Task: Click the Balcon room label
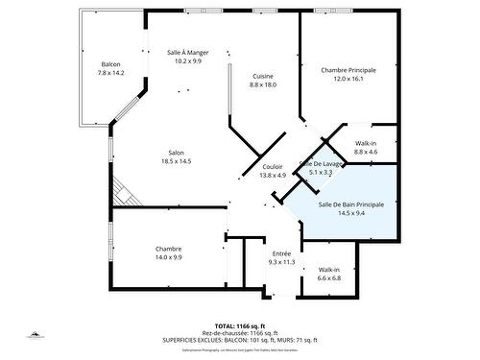(x=110, y=64)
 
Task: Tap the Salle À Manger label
(x=188, y=53)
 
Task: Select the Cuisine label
(x=263, y=76)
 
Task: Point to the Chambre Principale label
(x=348, y=70)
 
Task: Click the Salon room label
(x=177, y=153)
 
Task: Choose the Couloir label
(x=273, y=166)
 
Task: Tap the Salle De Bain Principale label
(x=350, y=204)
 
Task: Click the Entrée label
(x=281, y=252)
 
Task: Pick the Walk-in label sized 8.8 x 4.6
(x=366, y=143)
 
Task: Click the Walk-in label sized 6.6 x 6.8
(x=329, y=270)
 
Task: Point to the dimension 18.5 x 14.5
(x=177, y=161)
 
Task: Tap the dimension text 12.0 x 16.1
(x=348, y=80)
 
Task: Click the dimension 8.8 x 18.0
(x=263, y=85)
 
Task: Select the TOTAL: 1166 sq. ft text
(x=240, y=326)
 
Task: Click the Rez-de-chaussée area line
(x=240, y=333)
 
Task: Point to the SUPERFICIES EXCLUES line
(x=240, y=340)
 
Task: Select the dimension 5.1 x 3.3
(x=320, y=172)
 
